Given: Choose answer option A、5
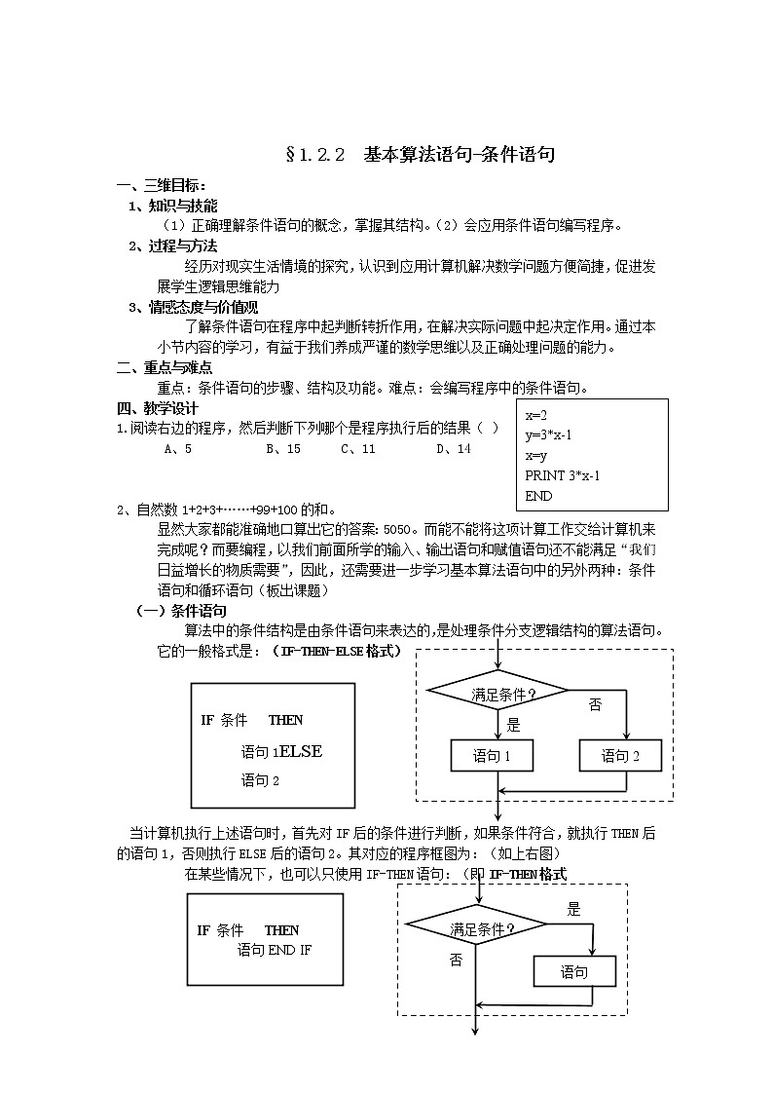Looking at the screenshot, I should [x=178, y=449].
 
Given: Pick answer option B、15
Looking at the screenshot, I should [x=281, y=449].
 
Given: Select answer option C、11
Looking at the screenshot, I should [x=357, y=449].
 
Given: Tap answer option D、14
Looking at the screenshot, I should [x=453, y=449].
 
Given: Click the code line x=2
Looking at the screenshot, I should [x=536, y=414].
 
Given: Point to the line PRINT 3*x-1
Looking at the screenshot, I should [x=562, y=475].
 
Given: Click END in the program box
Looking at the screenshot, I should [x=538, y=496].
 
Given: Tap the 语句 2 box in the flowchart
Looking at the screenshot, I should [x=620, y=755].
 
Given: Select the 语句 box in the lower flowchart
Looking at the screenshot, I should [x=574, y=971].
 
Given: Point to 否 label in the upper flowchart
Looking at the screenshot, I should [x=595, y=704].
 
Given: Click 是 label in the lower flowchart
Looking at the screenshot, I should [x=573, y=910].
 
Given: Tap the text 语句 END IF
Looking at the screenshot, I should [x=275, y=950].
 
